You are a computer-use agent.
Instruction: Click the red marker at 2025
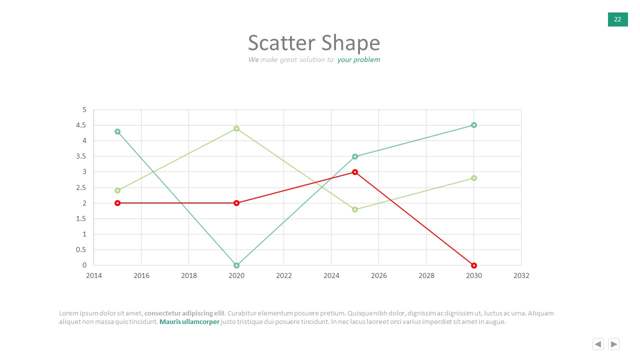pos(355,172)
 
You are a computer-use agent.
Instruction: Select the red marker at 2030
pos(473,265)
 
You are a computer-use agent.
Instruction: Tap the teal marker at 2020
pos(236,265)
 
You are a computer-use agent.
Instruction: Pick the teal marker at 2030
pos(473,125)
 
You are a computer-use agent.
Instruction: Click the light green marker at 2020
pos(236,128)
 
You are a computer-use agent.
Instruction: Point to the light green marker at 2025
pos(355,209)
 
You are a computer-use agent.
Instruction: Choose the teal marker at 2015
pos(117,131)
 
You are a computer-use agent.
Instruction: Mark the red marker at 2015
pos(117,203)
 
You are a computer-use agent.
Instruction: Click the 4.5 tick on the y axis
pos(81,125)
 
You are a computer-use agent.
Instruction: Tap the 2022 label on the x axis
pos(283,275)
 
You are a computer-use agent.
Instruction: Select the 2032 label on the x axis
pos(521,275)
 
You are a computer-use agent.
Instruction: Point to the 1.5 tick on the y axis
pos(81,218)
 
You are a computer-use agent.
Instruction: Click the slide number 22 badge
pos(617,19)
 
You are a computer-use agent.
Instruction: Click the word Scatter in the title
pos(281,43)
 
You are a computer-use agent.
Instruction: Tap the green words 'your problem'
pos(358,59)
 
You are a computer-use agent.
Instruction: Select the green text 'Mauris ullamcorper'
pos(189,321)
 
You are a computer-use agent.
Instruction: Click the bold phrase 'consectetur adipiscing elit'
pos(185,313)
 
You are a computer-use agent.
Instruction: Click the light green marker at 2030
pos(473,178)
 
